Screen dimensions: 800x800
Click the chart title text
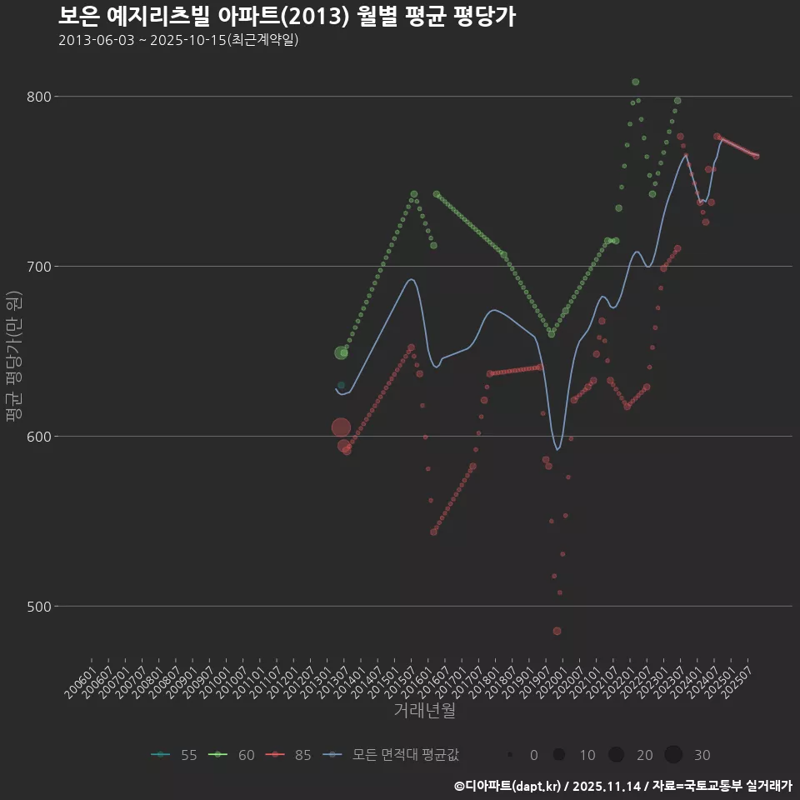pyautogui.click(x=287, y=16)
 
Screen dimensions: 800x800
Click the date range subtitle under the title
pyautogui.click(x=178, y=40)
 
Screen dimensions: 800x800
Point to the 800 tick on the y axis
pyautogui.click(x=38, y=97)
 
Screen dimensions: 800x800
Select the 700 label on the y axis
pyautogui.click(x=38, y=267)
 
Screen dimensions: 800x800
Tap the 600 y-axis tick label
pyautogui.click(x=38, y=437)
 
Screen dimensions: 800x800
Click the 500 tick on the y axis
pyautogui.click(x=38, y=607)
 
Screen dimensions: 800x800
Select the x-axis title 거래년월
pyautogui.click(x=424, y=711)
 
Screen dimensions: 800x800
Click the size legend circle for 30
pyautogui.click(x=673, y=755)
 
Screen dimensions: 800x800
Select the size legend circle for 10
pyautogui.click(x=559, y=755)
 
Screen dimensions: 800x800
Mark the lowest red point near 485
pyautogui.click(x=557, y=631)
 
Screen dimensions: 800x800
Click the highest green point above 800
pyautogui.click(x=636, y=82)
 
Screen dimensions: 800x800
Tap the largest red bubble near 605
pyautogui.click(x=341, y=427)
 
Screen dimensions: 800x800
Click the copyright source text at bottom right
pyautogui.click(x=623, y=786)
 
